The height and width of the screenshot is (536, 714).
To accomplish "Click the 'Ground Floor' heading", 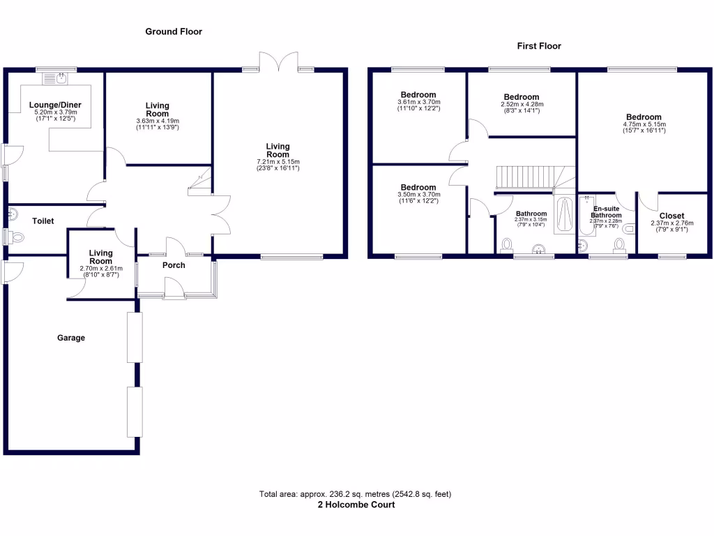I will coord(174,31).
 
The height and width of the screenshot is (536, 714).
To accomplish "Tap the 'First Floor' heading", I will coord(538,46).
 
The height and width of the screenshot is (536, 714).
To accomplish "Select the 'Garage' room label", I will coord(71,338).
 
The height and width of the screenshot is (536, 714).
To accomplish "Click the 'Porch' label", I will coord(174,265).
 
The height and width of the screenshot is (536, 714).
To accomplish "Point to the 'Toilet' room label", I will coord(43,221).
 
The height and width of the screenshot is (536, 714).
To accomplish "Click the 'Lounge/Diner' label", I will coord(55,105).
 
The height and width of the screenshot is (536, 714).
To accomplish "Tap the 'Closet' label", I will coord(671,216).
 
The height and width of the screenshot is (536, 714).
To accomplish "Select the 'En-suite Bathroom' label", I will coord(606,212).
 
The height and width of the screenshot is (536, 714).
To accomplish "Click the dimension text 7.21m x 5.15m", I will coord(278,162).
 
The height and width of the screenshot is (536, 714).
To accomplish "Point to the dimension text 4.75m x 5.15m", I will coord(644,125).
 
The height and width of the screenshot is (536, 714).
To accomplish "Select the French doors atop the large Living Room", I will coord(278,61).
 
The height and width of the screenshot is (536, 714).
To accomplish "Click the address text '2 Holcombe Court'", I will coord(356,505).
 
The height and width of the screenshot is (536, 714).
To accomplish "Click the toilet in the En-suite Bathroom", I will coord(618,244).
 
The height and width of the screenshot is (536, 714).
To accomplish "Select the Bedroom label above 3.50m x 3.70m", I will coord(418,188).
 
